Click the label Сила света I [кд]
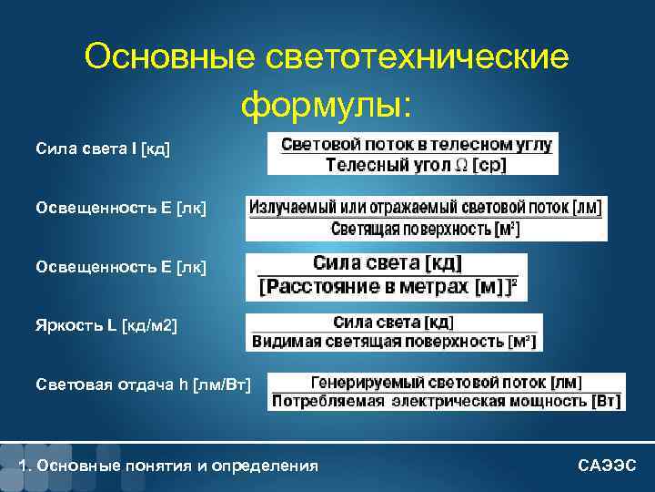pos(103,148)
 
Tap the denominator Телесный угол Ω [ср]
pos(412,165)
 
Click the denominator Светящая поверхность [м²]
pos(425,229)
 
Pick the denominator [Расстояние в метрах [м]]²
pos(388,288)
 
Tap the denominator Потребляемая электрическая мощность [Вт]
pos(447,402)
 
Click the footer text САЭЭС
pos(608,466)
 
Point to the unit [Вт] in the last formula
pos(606,402)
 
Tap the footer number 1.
pos(23,466)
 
